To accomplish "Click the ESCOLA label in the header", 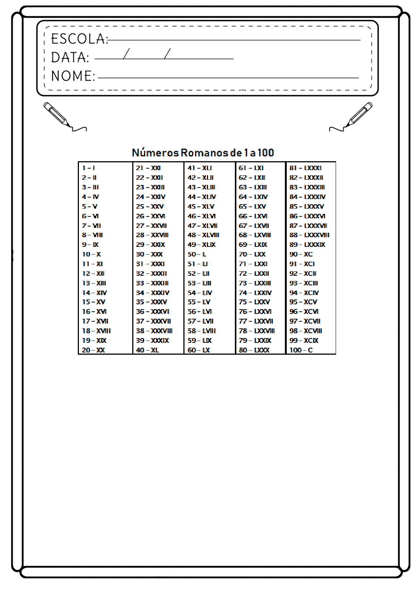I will click(x=79, y=39).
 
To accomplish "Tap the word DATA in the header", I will click(x=70, y=58).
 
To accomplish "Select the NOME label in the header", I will click(x=73, y=76).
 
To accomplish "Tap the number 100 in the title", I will click(x=266, y=153).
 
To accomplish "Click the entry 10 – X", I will click(x=91, y=254).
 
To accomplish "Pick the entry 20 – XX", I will click(x=93, y=350).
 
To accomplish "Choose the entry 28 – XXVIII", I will click(x=152, y=235).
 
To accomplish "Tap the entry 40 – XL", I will click(x=147, y=350).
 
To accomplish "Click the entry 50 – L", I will click(x=197, y=254).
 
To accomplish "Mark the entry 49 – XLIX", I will click(x=202, y=245).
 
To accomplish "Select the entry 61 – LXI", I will click(x=251, y=168).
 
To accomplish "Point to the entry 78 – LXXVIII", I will click(x=257, y=331).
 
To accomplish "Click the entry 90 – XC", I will click(x=301, y=254).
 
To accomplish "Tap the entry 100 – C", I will click(x=301, y=350).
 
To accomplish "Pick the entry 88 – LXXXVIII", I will click(x=309, y=235).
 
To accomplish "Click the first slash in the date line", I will click(x=126, y=54).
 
